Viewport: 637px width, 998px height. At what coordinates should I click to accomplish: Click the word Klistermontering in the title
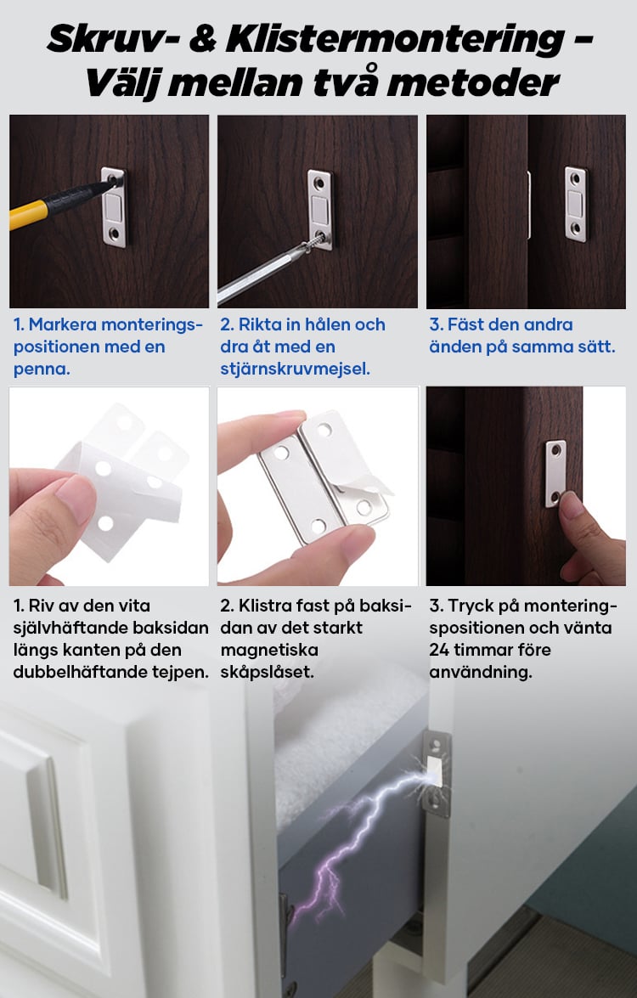[394, 39]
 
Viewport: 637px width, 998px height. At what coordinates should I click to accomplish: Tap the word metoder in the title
[473, 82]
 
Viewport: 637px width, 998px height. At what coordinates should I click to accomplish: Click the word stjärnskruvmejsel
[294, 369]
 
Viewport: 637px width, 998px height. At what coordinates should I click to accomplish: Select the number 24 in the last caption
[439, 650]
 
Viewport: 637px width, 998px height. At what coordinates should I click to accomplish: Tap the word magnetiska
[269, 651]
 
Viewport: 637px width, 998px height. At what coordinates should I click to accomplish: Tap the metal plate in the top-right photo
[576, 205]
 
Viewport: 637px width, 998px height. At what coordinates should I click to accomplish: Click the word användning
[481, 672]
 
